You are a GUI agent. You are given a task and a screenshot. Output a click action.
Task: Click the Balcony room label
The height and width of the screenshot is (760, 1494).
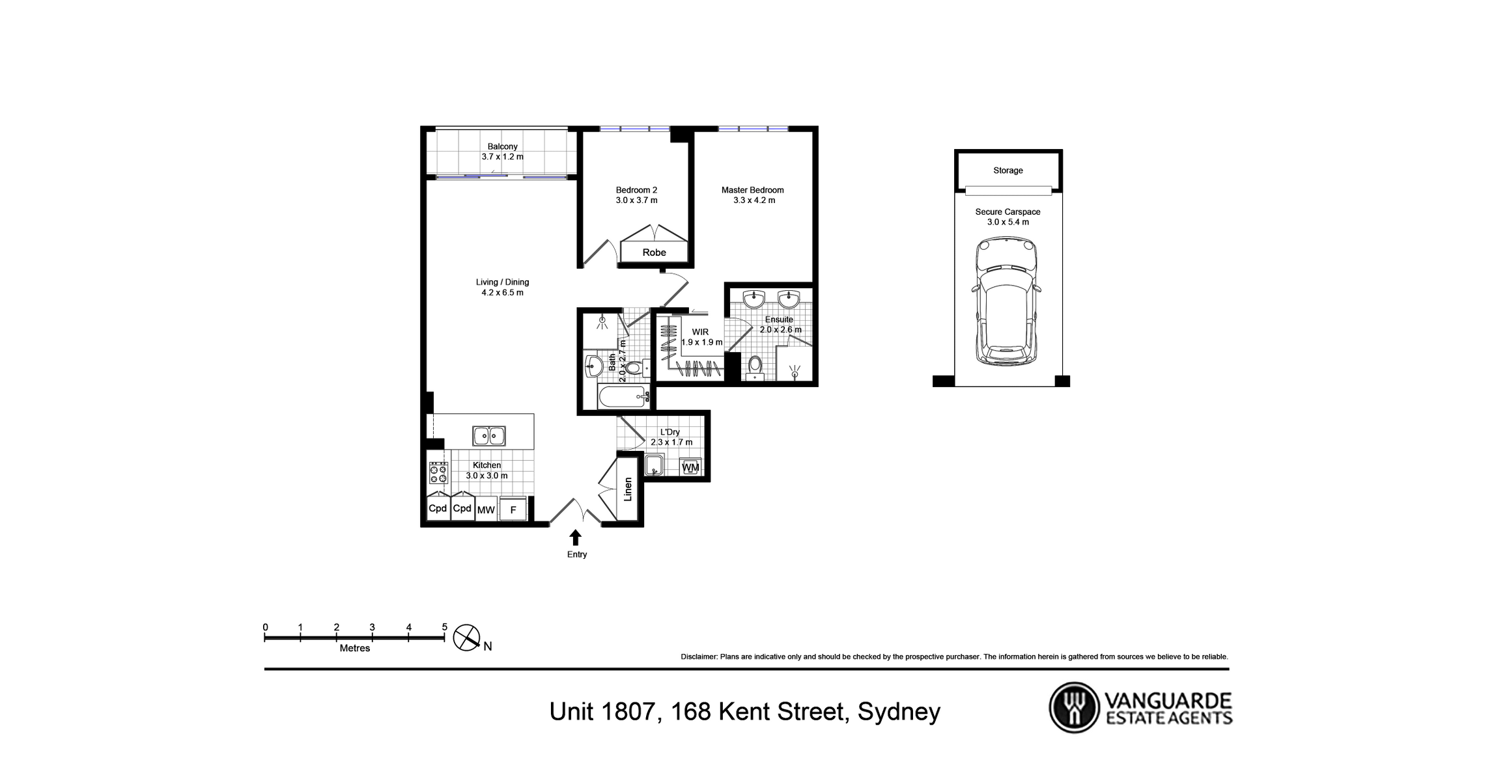[x=502, y=147]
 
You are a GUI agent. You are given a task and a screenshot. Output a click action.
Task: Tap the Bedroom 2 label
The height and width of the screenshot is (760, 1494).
[x=636, y=190]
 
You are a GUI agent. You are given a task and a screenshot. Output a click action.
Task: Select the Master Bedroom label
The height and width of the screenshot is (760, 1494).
[x=752, y=190]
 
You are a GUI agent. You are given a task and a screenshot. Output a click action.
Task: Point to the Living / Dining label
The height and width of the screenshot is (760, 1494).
[x=502, y=282]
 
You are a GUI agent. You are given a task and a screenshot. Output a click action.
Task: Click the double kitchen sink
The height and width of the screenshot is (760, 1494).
[x=488, y=435]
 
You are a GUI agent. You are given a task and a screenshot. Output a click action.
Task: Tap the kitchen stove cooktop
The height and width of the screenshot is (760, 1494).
[x=438, y=472]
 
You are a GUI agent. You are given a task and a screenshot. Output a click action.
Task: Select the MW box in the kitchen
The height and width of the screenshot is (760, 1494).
[x=486, y=509]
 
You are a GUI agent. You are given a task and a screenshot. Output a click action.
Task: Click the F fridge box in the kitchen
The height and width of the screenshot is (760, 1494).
[x=513, y=509]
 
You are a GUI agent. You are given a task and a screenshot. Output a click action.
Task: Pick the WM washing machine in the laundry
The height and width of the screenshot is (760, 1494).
[x=690, y=467]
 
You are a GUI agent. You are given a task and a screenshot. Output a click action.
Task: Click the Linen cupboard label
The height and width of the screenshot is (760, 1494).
[x=628, y=489]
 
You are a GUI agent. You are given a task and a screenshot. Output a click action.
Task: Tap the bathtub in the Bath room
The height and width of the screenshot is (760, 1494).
[x=623, y=397]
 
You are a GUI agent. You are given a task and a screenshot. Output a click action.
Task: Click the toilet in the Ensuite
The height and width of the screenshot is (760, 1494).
[x=755, y=367]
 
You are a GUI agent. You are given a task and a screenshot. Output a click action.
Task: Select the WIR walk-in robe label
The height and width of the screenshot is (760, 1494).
[x=700, y=332]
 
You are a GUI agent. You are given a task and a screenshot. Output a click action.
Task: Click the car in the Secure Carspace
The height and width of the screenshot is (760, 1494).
[x=1006, y=301]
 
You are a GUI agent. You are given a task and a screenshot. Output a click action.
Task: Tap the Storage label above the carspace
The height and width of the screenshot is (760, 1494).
[x=1008, y=170]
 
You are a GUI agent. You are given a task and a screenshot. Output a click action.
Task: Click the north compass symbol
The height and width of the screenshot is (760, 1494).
[x=466, y=638]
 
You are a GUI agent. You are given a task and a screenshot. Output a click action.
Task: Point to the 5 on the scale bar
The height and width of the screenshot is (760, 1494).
[x=445, y=627]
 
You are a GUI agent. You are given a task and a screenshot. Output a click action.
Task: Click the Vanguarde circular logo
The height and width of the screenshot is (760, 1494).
[x=1073, y=707]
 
